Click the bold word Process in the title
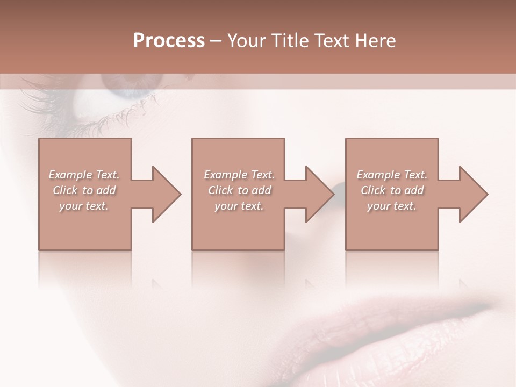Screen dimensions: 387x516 [169, 41]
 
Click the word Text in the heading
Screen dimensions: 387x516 [332, 41]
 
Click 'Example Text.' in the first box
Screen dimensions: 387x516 [84, 175]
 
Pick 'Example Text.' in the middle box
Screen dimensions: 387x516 [239, 175]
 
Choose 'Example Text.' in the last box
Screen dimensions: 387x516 [392, 175]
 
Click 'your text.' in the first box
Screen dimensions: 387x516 [84, 206]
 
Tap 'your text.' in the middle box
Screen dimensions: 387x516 [239, 206]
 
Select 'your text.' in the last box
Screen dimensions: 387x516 [392, 206]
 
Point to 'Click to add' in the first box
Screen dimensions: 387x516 [84, 190]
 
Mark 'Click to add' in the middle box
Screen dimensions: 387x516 [239, 190]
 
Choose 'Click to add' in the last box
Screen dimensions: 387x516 [392, 190]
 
